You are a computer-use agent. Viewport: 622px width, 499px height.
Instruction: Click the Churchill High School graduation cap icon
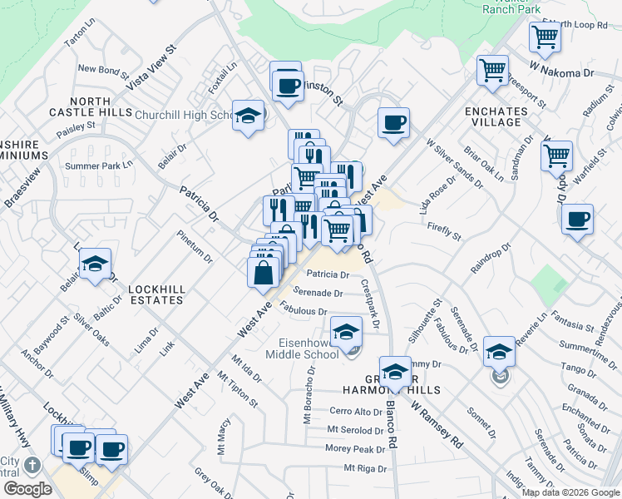[x=249, y=116]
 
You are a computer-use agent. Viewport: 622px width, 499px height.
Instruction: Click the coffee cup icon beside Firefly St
[x=577, y=219]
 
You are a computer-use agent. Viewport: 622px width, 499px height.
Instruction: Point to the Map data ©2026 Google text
[x=571, y=492]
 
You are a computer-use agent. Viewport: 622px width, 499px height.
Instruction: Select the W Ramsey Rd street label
[x=436, y=427]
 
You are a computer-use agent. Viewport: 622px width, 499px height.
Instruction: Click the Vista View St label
[x=152, y=67]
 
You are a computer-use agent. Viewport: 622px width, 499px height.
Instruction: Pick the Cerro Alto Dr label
[x=355, y=411]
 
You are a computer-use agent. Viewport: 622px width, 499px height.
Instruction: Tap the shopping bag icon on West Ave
[x=263, y=272]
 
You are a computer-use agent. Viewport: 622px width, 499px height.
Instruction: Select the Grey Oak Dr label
[x=215, y=482]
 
